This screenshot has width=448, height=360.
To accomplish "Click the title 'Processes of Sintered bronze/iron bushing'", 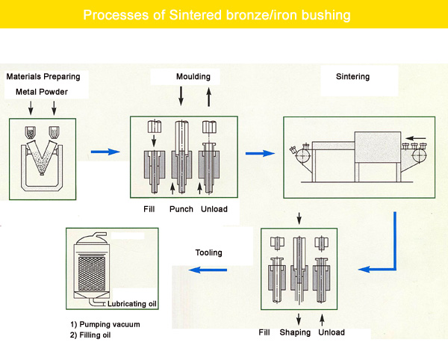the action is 217,15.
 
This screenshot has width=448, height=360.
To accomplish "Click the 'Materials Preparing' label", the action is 43,77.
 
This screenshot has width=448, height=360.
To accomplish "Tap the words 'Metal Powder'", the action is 42,92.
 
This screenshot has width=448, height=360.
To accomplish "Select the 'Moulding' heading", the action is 193,77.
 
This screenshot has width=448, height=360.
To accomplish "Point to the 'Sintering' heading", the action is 352,77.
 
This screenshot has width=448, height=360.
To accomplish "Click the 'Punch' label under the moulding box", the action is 181,209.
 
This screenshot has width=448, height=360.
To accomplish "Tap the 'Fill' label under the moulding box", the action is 149,209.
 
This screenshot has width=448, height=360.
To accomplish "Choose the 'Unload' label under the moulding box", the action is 214,209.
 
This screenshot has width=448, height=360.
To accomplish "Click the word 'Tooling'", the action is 208,252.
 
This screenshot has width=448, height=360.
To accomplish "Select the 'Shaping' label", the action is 295,332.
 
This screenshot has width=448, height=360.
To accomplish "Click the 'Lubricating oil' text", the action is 132,304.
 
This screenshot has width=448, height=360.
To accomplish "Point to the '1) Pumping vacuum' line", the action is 105,325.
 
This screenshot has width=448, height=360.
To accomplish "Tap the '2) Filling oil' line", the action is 90,335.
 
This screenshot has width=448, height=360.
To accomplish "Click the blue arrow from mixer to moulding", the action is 105,152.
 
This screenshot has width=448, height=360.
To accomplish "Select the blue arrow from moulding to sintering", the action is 260,153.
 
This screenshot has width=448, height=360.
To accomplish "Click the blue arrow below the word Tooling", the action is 208,270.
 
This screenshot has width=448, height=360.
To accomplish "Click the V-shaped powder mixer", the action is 42,157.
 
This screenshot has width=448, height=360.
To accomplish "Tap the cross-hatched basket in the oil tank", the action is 91,273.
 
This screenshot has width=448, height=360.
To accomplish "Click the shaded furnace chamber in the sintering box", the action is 377,147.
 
